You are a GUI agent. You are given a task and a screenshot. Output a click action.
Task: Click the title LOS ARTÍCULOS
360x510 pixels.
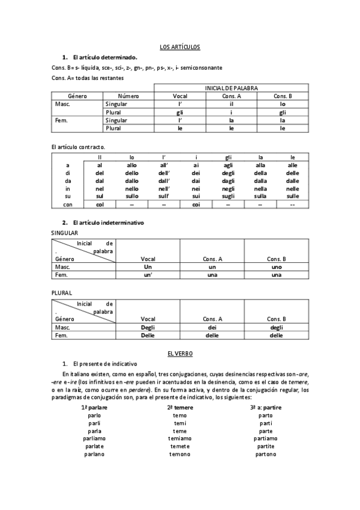pos(180,46)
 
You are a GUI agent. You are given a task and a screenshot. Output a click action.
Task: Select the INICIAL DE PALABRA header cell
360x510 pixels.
pos(231,88)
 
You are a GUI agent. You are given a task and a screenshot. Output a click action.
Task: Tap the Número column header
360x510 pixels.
pos(128,96)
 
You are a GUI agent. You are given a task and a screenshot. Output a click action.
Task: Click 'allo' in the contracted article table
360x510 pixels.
pos(132,165)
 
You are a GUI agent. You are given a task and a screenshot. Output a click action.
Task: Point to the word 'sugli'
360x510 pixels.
pos(228,197)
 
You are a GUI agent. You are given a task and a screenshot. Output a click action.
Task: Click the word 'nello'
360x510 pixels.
pos(132,189)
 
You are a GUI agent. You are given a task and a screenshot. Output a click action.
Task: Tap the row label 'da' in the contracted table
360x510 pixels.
pos(69,181)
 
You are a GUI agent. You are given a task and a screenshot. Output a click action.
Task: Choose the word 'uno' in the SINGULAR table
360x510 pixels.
pos(276,266)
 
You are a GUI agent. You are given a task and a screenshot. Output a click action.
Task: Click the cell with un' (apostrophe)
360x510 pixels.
pos(148,275)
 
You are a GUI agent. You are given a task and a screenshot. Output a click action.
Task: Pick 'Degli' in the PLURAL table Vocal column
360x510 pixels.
pos(148,327)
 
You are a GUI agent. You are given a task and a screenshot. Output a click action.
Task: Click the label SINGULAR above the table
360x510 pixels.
pos(64,233)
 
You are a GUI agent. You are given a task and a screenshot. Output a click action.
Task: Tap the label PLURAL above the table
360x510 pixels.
pos(62,293)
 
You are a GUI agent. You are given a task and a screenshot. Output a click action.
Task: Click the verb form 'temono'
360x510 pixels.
pos(180,454)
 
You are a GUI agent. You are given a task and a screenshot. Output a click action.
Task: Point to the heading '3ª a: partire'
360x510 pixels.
pos(266,407)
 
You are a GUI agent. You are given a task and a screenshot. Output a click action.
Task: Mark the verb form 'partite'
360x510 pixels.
pos(266,446)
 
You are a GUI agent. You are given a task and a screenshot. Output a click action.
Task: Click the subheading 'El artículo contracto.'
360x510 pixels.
pos(79,147)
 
